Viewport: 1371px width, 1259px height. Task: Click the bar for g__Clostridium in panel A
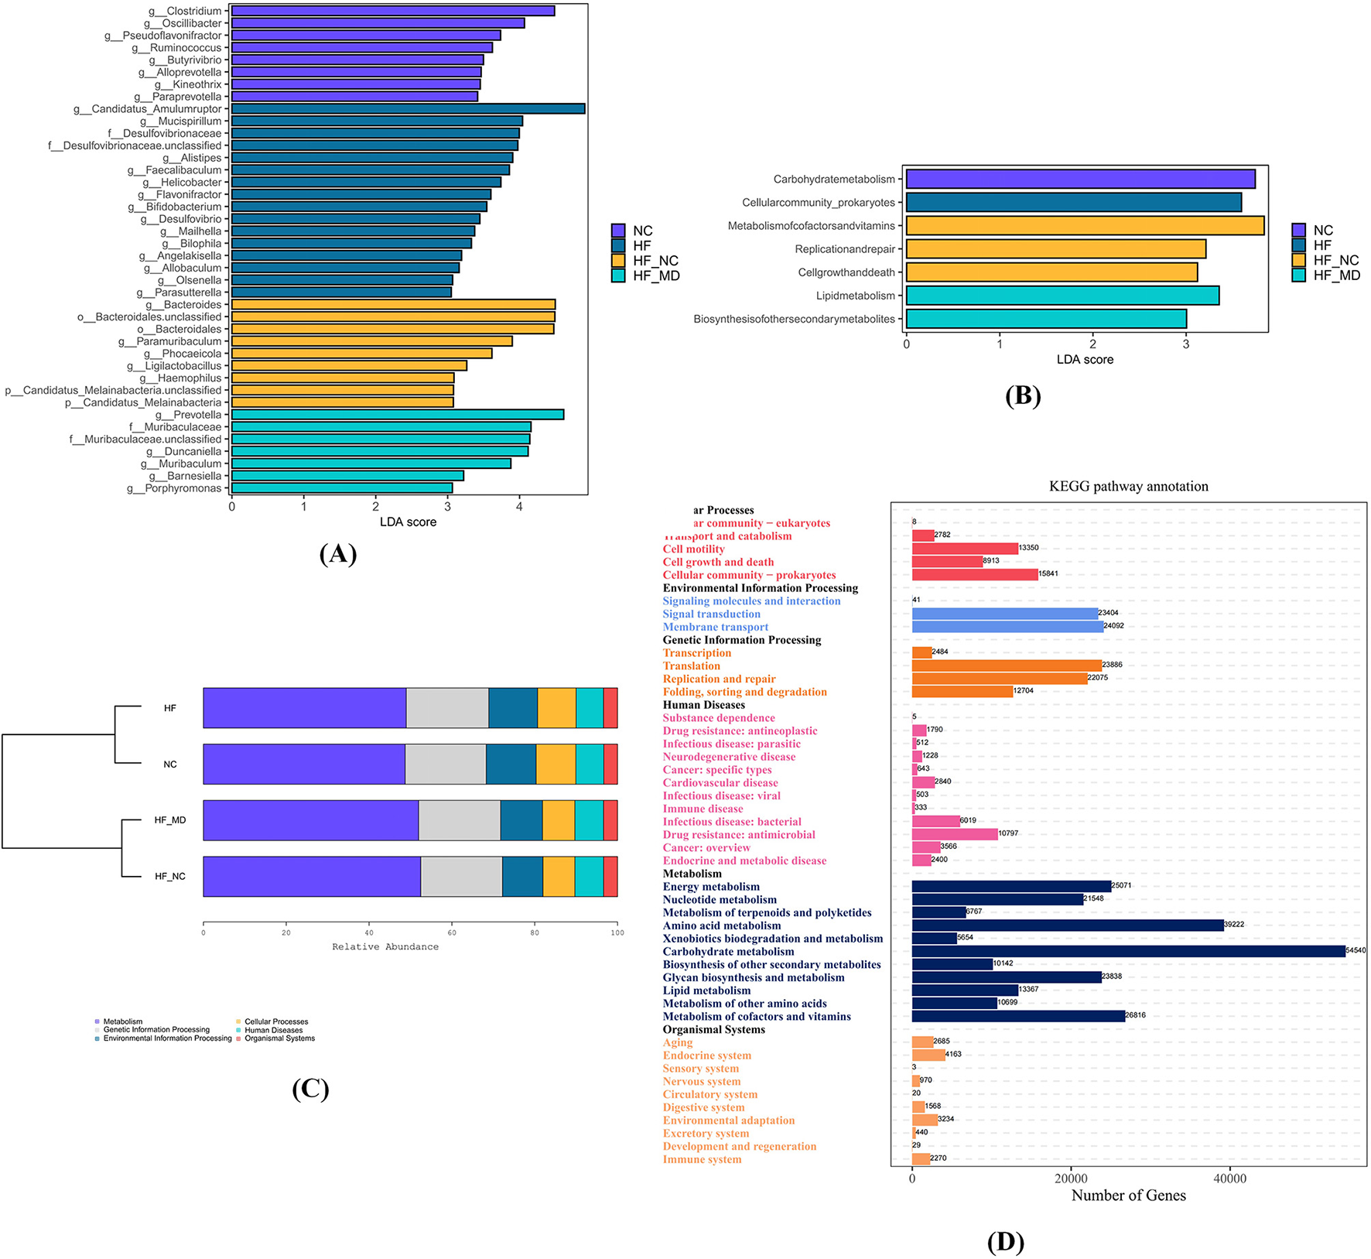(392, 11)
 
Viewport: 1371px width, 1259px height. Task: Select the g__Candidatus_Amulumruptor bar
(408, 109)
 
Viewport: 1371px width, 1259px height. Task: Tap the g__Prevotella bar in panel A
(397, 415)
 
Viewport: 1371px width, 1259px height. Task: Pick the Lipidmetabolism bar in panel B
(1062, 296)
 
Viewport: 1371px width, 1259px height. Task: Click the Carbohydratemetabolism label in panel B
(833, 180)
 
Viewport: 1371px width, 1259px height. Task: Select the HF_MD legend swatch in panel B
(1299, 275)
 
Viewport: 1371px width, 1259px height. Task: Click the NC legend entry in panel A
(641, 231)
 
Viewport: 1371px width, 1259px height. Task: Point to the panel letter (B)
(1022, 395)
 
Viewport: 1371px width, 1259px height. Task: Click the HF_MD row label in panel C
(170, 820)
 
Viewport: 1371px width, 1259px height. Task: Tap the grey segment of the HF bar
(446, 708)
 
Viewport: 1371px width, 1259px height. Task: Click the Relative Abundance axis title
(385, 947)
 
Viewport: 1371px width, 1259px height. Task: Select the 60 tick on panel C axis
(452, 933)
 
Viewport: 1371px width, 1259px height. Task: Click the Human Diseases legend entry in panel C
(273, 1030)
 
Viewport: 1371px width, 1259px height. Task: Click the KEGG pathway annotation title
(1128, 487)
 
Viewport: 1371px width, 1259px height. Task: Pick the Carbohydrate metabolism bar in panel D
(1127, 951)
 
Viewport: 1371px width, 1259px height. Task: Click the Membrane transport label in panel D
(715, 628)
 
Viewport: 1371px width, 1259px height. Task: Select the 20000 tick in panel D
(1071, 1179)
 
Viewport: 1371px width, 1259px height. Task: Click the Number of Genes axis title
(1128, 1196)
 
